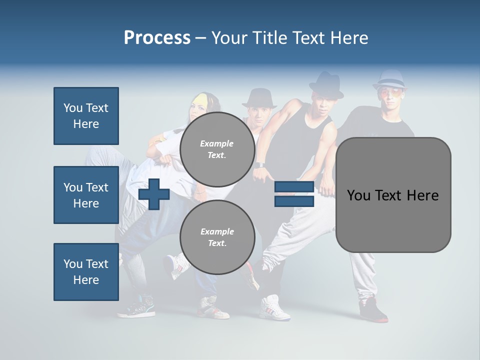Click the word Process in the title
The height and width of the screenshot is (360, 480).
(157, 38)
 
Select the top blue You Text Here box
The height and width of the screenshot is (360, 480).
(86, 116)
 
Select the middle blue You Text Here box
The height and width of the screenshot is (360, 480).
(86, 195)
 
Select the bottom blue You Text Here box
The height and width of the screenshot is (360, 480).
(86, 271)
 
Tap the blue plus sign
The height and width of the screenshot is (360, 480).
(154, 194)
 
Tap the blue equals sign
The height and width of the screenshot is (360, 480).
(294, 194)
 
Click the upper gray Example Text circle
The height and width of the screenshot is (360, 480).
(217, 149)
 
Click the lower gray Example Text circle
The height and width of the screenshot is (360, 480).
(217, 237)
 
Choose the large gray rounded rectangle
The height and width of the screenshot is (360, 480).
(393, 195)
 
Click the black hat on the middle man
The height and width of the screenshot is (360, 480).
(259, 98)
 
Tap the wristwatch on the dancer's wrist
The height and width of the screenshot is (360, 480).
(259, 164)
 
